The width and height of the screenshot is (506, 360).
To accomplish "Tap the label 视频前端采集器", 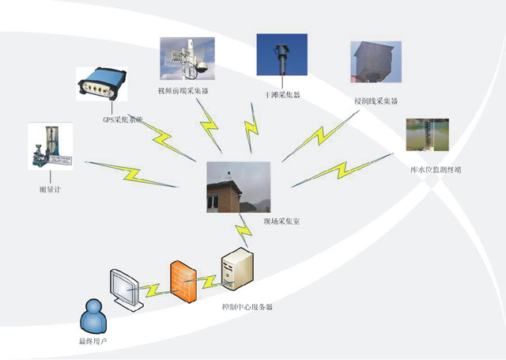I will coord(183,91).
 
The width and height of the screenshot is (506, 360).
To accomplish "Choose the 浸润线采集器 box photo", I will coord(375,63).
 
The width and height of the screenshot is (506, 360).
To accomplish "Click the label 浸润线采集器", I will coord(376,101).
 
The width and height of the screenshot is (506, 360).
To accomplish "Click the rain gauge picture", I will coord(50,146).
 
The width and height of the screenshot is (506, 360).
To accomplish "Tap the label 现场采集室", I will coord(281,222).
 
